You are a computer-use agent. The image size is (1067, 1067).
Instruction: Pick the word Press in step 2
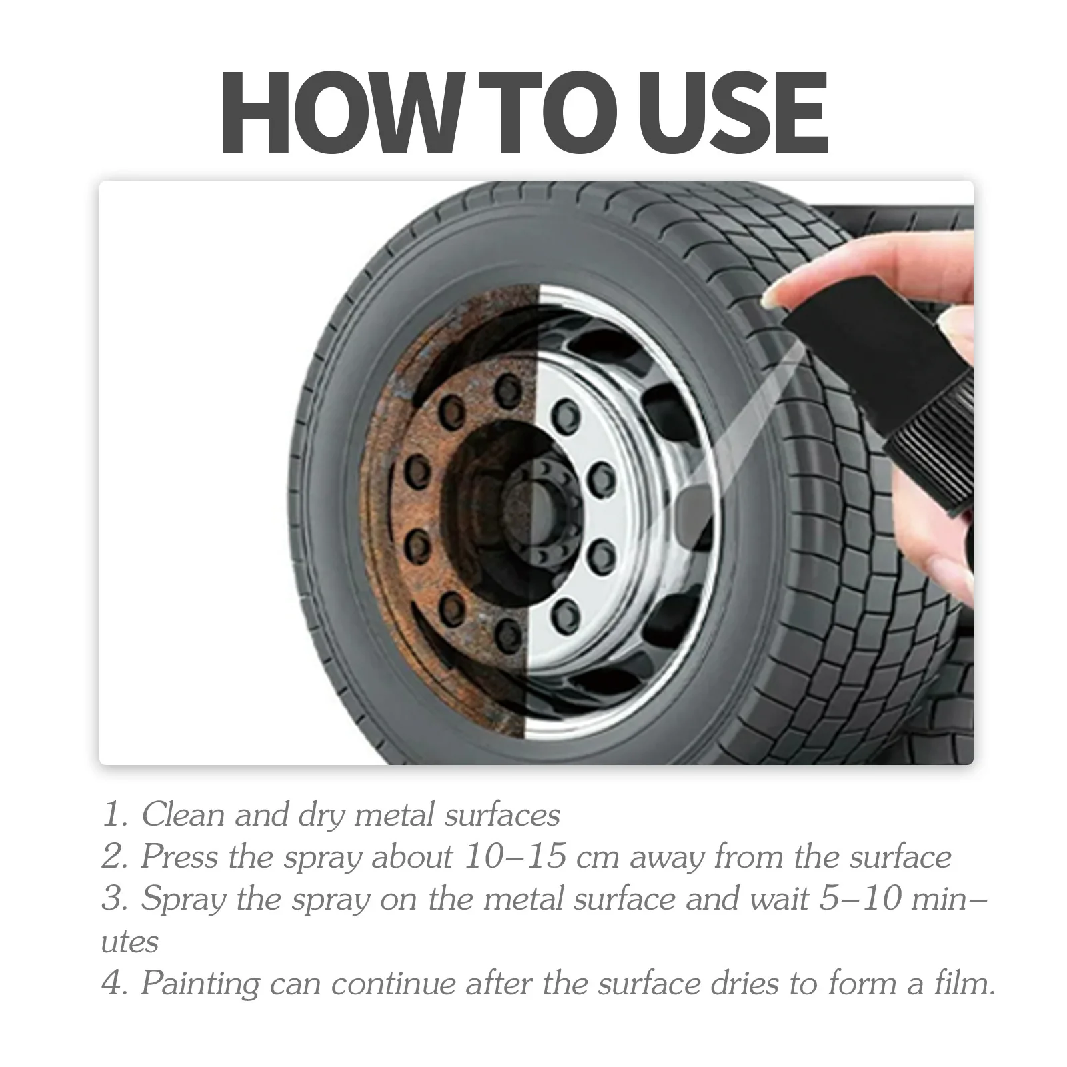click(180, 857)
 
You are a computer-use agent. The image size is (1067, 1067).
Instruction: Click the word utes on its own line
click(130, 942)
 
